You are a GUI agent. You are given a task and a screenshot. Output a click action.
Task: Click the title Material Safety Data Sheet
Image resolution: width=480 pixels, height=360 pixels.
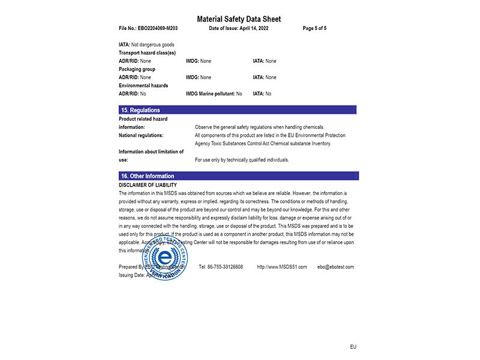point(239,19)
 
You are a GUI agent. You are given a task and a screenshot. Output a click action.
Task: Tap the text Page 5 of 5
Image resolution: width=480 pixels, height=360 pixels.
point(314,28)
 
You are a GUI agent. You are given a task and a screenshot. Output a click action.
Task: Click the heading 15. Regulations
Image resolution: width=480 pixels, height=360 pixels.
point(140,110)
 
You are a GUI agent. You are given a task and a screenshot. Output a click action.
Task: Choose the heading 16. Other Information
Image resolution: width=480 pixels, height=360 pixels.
point(148,176)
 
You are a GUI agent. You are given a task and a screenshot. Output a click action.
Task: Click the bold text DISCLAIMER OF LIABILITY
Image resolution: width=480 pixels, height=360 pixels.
point(148,185)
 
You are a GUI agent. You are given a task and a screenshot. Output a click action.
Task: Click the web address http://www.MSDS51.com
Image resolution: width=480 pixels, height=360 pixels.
point(282,267)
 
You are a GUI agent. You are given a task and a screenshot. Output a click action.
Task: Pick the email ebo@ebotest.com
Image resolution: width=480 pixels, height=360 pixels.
point(335,267)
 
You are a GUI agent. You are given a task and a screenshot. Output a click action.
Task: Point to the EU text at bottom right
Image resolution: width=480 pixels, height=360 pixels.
point(353,347)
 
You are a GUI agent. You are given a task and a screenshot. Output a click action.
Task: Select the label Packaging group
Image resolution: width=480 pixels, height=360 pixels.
point(137,69)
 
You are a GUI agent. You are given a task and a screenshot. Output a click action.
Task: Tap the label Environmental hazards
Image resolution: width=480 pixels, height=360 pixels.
point(143,86)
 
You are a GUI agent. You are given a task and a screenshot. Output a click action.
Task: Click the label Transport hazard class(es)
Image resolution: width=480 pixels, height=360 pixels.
point(147,53)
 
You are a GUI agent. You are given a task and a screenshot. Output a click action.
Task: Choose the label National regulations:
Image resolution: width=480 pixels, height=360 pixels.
point(141,136)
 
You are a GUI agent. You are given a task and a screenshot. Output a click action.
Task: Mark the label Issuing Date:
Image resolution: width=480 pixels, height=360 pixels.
point(131,275)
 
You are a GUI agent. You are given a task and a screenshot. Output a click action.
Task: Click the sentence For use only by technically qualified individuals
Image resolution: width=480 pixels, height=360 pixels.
point(242,160)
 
